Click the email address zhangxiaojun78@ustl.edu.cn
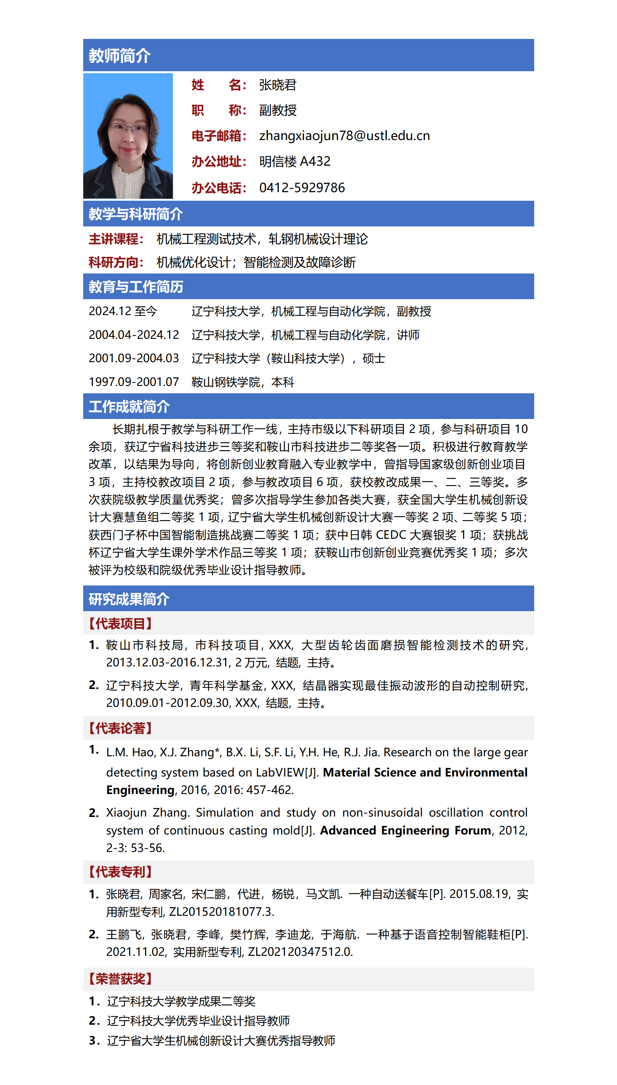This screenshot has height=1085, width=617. click(x=344, y=136)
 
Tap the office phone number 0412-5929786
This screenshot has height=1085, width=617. click(x=302, y=188)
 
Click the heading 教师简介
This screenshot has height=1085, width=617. click(x=119, y=56)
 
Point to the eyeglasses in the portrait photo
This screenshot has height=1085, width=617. click(x=128, y=128)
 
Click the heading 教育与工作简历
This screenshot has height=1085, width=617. click(x=136, y=287)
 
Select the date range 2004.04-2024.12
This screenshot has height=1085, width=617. click(x=133, y=335)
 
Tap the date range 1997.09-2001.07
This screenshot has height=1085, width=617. click(x=133, y=382)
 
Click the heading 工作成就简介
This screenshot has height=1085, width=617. click(x=129, y=407)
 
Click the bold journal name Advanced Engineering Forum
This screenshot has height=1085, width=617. click(x=405, y=830)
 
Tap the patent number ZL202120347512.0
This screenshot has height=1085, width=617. click(x=300, y=952)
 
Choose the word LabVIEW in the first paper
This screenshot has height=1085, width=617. click(x=280, y=773)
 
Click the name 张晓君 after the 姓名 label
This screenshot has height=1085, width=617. click(x=278, y=85)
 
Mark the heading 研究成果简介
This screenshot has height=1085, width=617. click(x=129, y=599)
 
